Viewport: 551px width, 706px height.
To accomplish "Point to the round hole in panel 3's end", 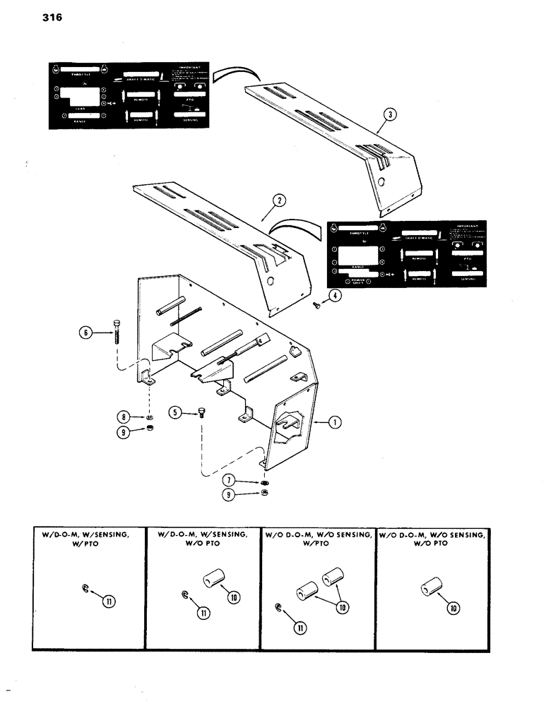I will [x=382, y=181].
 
